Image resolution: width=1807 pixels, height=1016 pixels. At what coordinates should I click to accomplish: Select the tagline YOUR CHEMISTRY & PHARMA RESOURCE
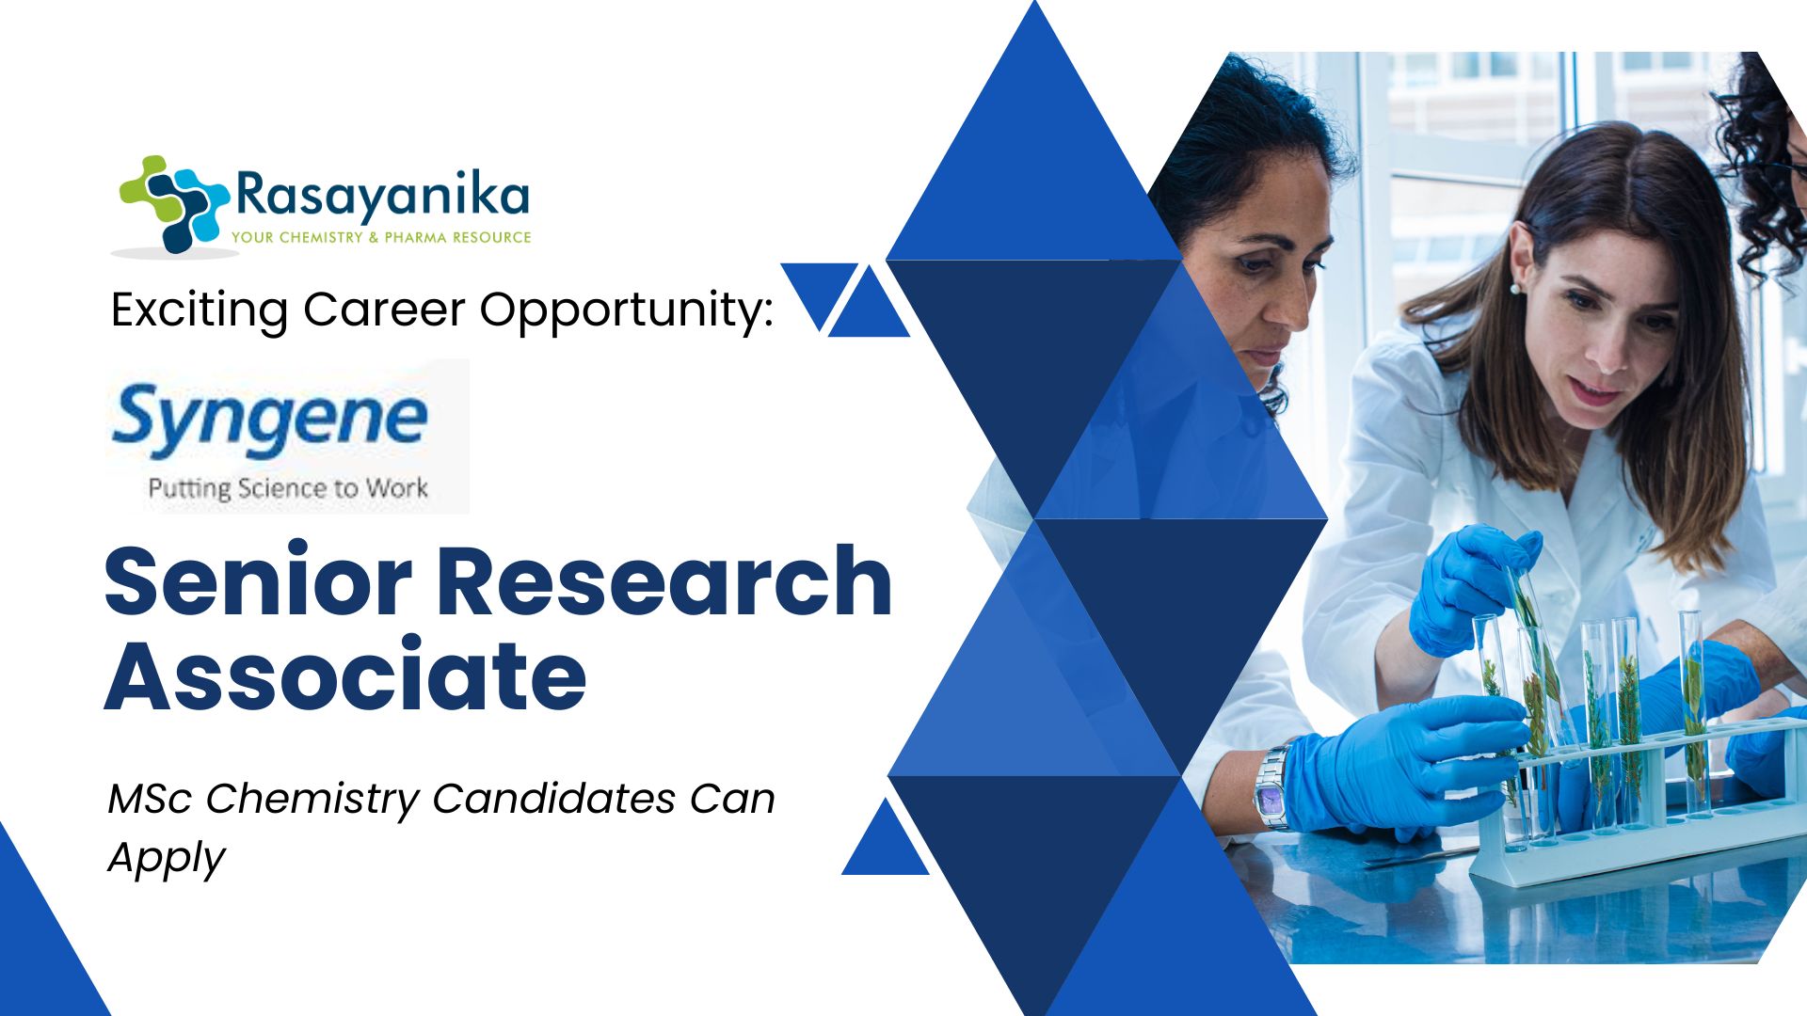[381, 237]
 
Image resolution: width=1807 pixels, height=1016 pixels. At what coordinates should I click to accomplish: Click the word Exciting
[200, 310]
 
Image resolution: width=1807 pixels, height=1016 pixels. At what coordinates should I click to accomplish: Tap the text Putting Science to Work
[288, 488]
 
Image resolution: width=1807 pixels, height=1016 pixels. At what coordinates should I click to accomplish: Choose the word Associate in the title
[345, 675]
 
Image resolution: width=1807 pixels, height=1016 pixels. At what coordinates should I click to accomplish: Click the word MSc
[151, 799]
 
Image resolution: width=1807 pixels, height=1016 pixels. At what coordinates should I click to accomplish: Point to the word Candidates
[554, 799]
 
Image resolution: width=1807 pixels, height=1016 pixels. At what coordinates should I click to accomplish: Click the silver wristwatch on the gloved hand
[1272, 786]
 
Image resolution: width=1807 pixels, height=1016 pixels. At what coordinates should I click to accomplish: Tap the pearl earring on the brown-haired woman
[1516, 287]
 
